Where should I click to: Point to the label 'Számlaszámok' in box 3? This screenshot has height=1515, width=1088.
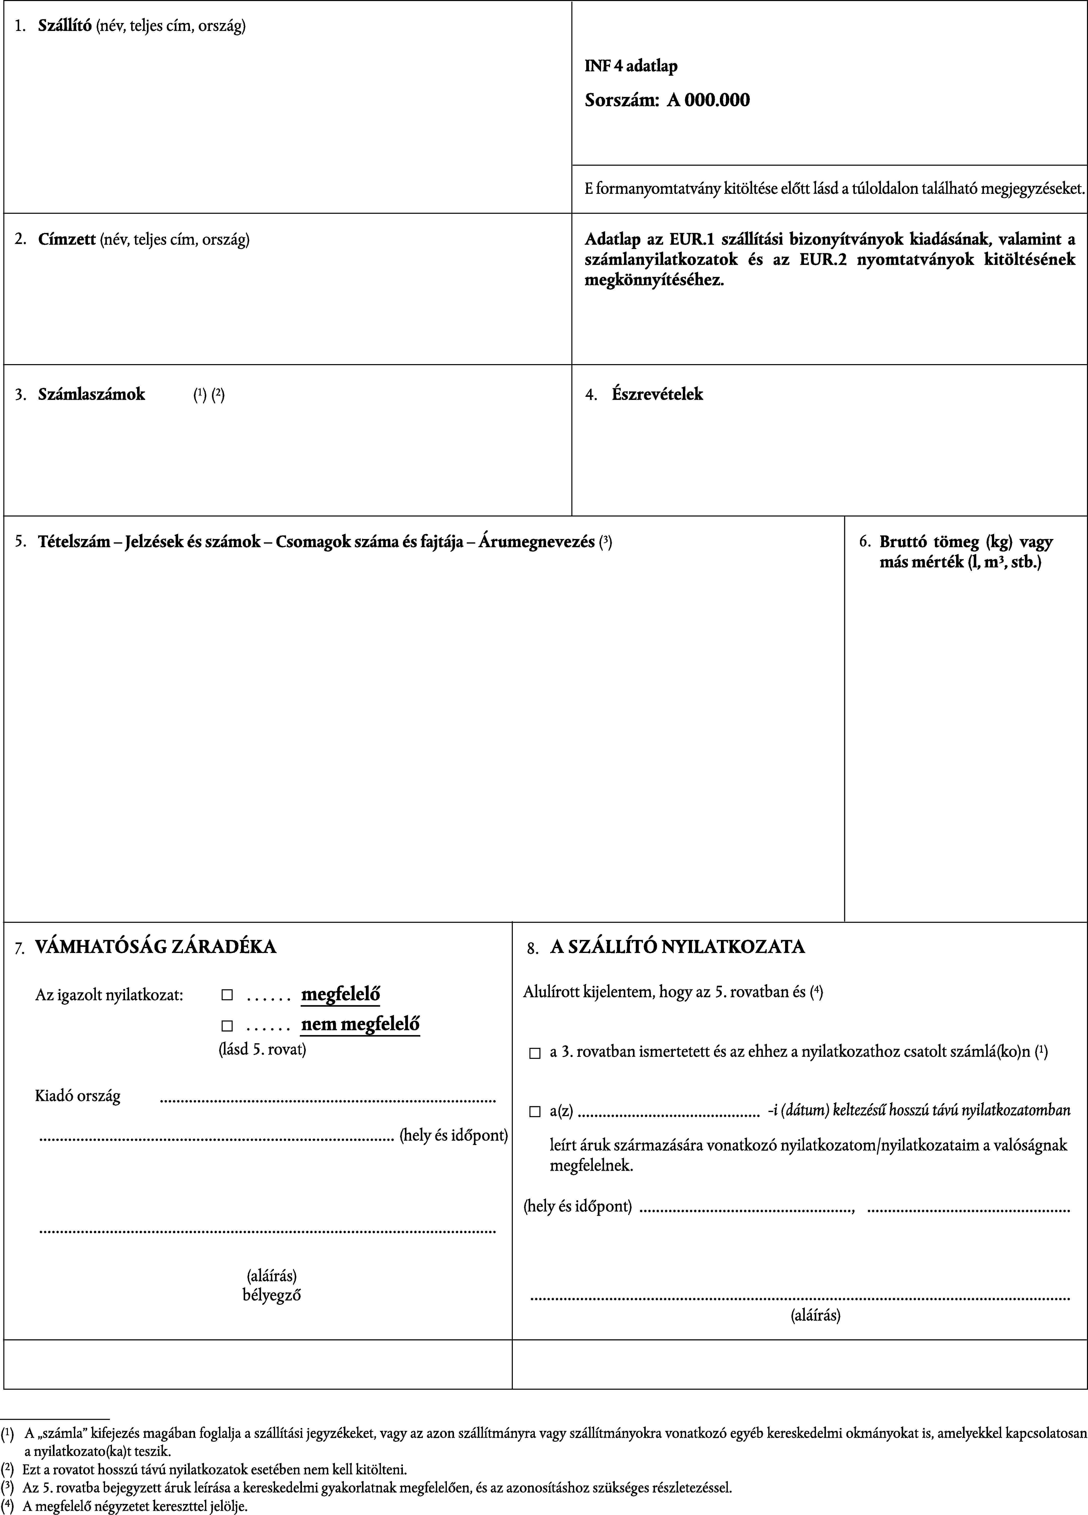pyautogui.click(x=92, y=394)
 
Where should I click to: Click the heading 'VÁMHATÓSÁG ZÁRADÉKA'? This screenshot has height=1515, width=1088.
pyautogui.click(x=155, y=947)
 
